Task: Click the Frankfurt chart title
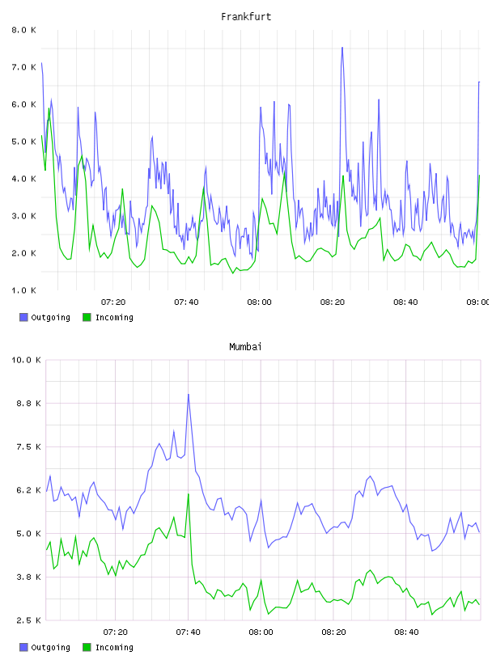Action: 246,17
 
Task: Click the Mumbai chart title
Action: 245,347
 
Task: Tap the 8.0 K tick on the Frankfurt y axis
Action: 23,30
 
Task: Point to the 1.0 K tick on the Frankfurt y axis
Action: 23,290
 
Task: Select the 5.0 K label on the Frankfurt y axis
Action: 23,142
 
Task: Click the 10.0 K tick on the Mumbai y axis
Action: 26,360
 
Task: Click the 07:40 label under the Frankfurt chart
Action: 186,302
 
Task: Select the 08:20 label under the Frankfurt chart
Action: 333,302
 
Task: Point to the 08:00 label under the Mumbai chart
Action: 261,632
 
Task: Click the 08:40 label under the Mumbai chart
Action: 406,632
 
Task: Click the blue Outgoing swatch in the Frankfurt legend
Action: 23,317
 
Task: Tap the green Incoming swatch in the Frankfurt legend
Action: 87,317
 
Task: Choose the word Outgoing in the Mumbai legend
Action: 50,647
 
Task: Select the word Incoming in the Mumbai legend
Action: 114,647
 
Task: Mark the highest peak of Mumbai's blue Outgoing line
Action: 189,395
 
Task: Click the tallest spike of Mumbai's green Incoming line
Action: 189,493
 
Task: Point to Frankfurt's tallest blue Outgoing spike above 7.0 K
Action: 342,47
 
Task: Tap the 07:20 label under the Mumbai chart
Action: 115,632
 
